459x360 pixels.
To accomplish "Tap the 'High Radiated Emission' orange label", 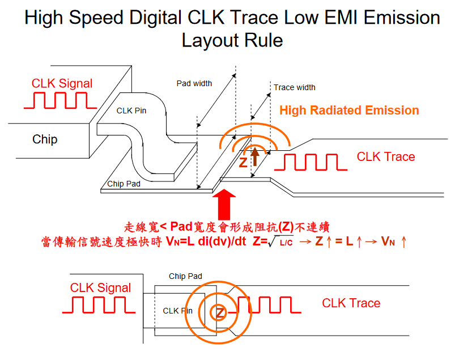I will (x=349, y=111).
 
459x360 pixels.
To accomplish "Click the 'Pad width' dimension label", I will (x=194, y=83).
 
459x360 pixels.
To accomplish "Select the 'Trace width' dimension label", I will (x=295, y=87).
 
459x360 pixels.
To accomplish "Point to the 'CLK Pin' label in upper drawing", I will (x=131, y=111).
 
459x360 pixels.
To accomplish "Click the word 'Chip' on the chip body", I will (x=45, y=139).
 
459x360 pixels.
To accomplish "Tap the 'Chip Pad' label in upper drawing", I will (x=124, y=184).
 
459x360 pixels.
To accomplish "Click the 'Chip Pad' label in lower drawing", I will (x=185, y=276).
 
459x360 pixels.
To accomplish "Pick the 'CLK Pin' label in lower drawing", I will (x=178, y=311).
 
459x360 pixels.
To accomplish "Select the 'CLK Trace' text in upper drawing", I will (x=386, y=156).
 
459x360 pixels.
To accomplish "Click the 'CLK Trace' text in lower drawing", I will (x=351, y=303).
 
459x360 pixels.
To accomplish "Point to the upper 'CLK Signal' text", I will (x=62, y=83).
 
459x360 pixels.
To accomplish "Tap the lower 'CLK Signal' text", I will (x=101, y=287).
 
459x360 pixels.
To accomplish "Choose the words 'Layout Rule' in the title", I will (x=232, y=40).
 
